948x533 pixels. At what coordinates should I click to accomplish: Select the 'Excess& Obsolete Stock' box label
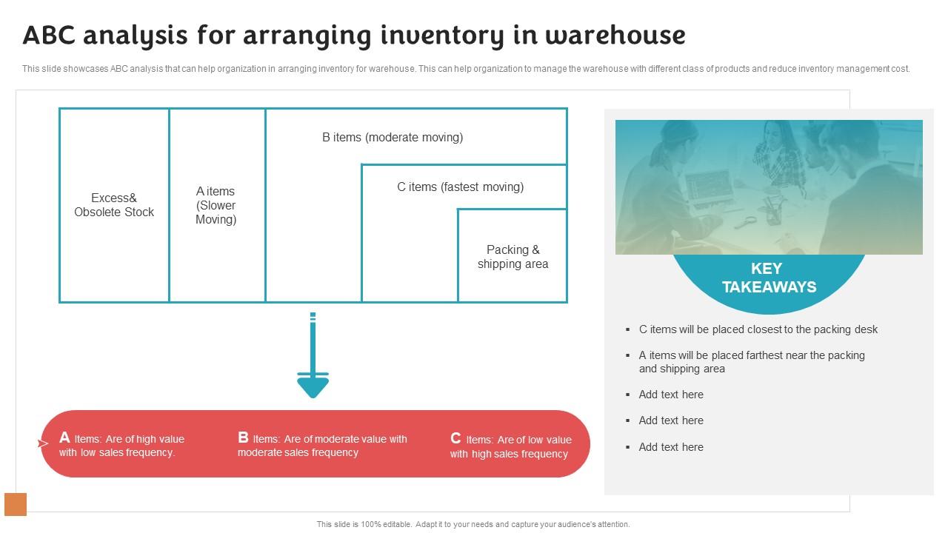pos(114,205)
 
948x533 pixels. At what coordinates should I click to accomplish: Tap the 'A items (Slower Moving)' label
pos(216,205)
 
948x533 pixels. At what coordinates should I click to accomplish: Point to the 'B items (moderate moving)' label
pos(393,137)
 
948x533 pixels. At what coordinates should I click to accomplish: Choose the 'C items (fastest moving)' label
pos(460,187)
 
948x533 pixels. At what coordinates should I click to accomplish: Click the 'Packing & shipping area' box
pos(513,257)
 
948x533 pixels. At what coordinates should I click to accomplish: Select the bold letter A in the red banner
pos(64,438)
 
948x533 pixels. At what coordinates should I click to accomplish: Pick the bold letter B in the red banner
pos(243,438)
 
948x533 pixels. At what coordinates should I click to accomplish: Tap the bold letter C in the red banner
pos(455,438)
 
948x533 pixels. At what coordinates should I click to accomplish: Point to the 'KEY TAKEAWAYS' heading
pos(769,278)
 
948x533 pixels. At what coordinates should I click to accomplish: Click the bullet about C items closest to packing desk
pos(758,329)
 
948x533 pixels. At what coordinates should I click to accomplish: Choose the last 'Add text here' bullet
pos(671,447)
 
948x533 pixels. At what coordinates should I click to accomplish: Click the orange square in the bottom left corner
pos(16,504)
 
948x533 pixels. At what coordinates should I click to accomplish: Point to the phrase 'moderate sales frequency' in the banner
pos(298,452)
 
